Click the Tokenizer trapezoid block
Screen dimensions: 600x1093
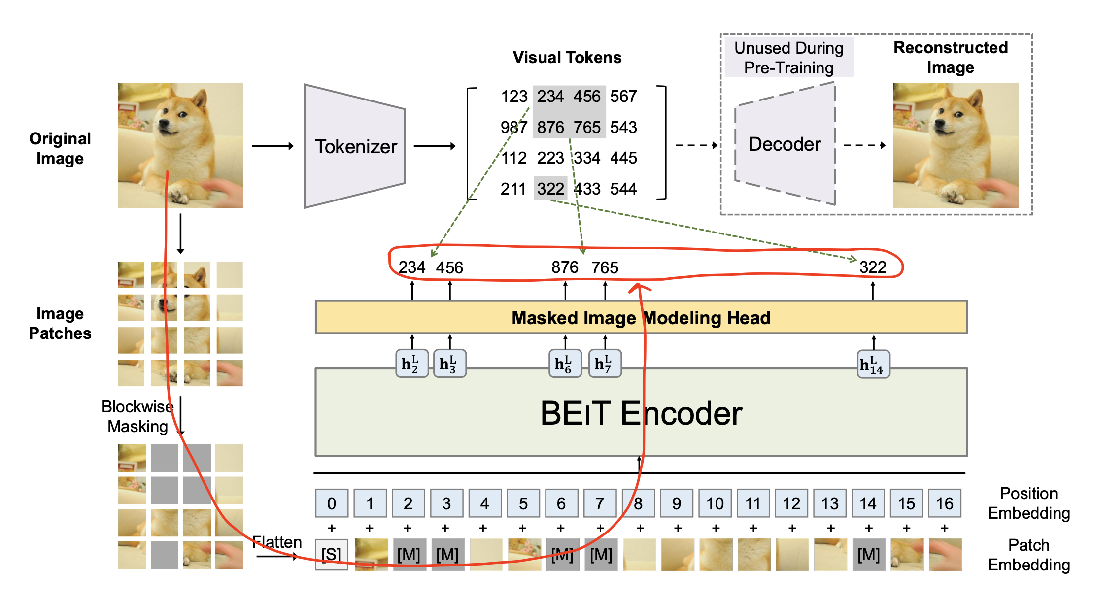coord(355,146)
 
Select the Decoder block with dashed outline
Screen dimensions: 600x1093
coord(785,144)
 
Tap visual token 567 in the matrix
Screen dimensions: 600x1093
coord(623,96)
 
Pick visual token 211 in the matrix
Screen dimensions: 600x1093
coord(513,189)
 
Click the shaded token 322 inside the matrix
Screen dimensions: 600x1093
coord(550,189)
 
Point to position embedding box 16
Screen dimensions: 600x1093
coord(944,503)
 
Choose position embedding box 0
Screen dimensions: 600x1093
coord(332,503)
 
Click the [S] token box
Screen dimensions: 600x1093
coord(332,555)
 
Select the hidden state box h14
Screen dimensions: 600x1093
coord(873,365)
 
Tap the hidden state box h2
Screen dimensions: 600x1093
coord(411,364)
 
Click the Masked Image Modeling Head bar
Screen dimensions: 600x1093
coord(641,318)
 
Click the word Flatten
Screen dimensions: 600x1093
coord(277,542)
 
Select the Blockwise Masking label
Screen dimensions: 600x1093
coord(137,417)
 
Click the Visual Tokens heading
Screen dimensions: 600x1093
coord(567,58)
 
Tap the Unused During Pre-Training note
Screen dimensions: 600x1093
coord(788,58)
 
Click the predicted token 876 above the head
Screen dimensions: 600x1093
coord(565,267)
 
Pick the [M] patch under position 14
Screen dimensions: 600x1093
coord(868,555)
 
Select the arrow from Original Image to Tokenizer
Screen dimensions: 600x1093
coord(273,146)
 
